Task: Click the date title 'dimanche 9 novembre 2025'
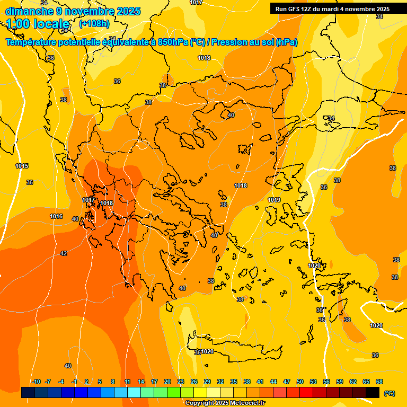pyautogui.click(x=73, y=11)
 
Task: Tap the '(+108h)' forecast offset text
pyautogui.click(x=94, y=24)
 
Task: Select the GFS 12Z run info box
pyautogui.click(x=332, y=9)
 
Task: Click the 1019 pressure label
pyautogui.click(x=274, y=200)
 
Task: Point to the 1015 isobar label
pyautogui.click(x=22, y=166)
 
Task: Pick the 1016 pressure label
pyautogui.click(x=56, y=216)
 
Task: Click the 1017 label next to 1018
pyautogui.click(x=89, y=200)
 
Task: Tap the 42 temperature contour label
pyautogui.click(x=64, y=253)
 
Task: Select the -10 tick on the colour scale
pyautogui.click(x=36, y=382)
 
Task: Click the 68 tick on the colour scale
pyautogui.click(x=379, y=382)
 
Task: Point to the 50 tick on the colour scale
pyautogui.click(x=300, y=382)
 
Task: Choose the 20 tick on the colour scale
pyautogui.click(x=167, y=382)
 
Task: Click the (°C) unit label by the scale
pyautogui.click(x=389, y=393)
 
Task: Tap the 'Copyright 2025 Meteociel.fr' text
pyautogui.click(x=225, y=403)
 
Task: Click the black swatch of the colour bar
pyautogui.click(x=373, y=392)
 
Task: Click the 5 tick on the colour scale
pyautogui.click(x=100, y=382)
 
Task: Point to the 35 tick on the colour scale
pyautogui.click(x=234, y=382)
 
